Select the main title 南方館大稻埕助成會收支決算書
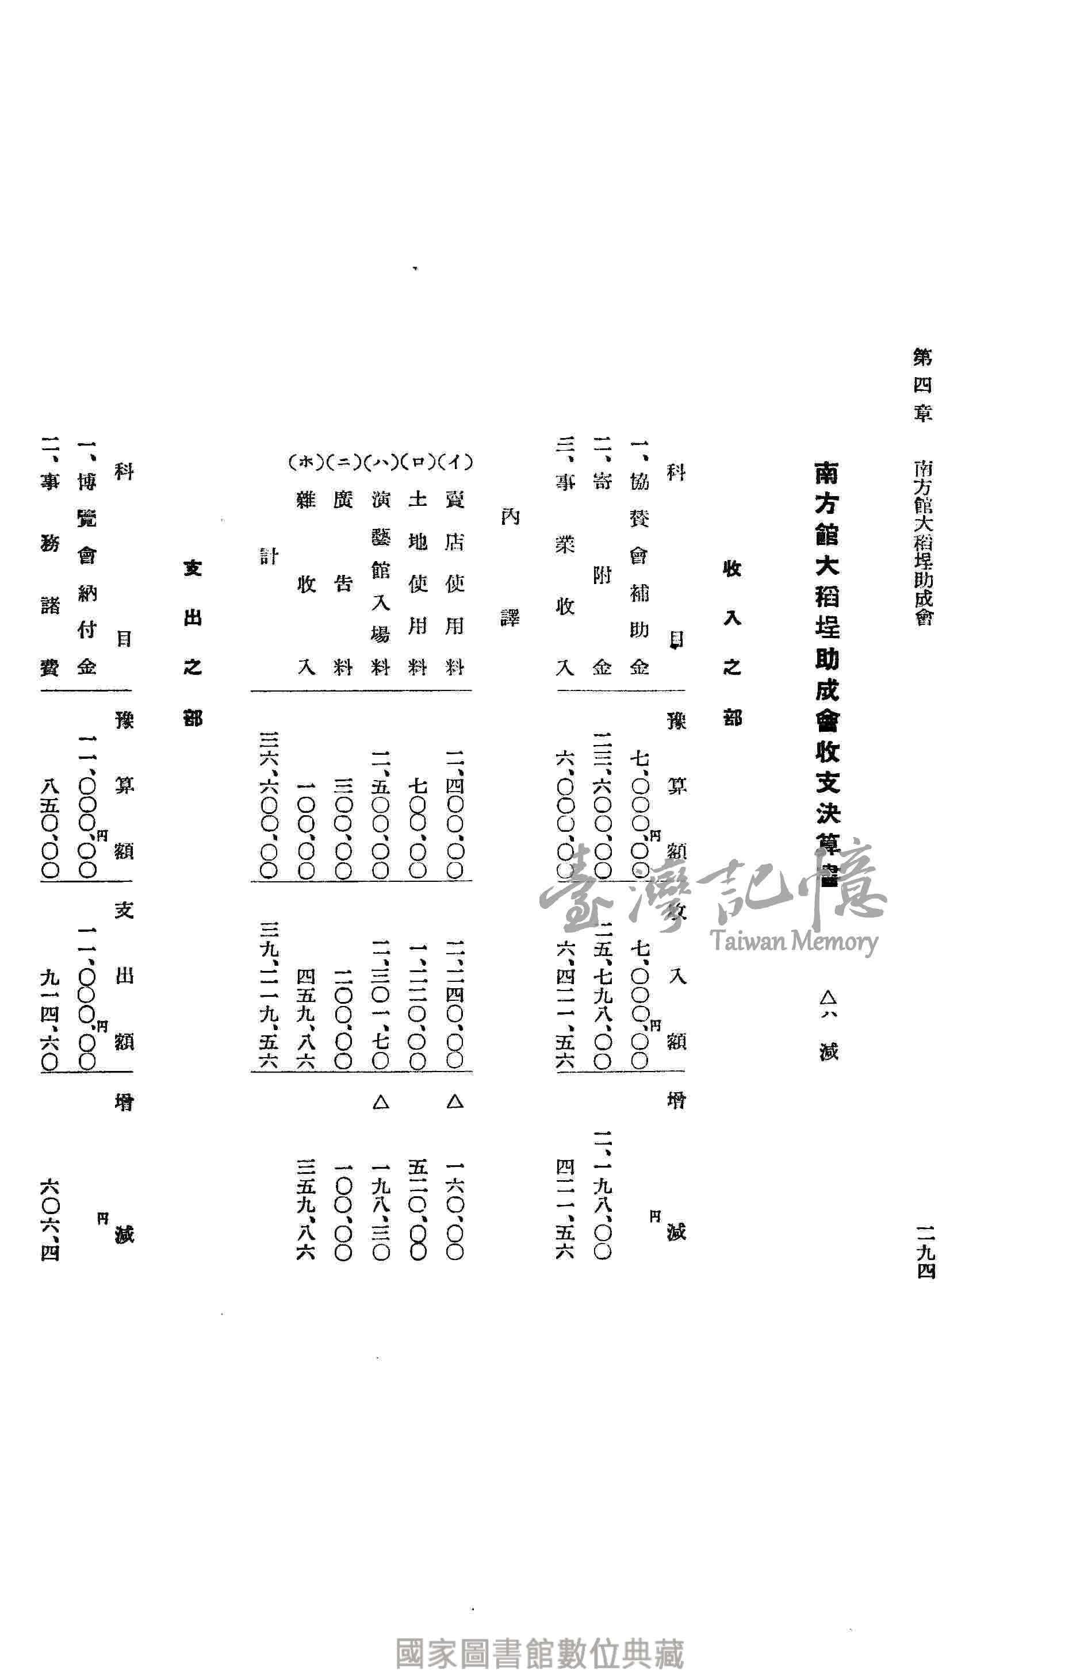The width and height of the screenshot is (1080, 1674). tap(828, 673)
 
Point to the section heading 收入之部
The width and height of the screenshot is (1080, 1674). tap(732, 642)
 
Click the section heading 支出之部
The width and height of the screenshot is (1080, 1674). tap(192, 642)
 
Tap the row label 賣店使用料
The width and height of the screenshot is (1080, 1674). tap(454, 582)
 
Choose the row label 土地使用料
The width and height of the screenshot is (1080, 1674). tap(418, 582)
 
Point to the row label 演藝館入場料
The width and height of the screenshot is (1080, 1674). tap(380, 582)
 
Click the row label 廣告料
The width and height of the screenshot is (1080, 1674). tap(343, 582)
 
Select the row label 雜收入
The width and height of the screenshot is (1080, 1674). tap(307, 582)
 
